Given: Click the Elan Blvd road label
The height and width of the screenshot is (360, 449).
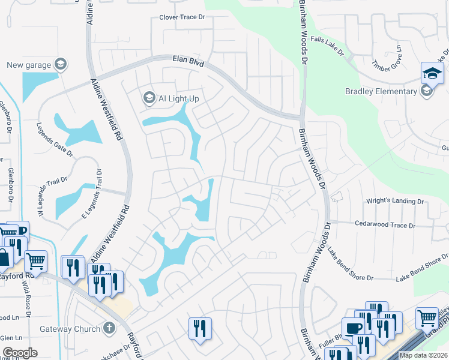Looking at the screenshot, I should point(188,62).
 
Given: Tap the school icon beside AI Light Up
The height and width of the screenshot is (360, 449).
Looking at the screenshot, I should point(148,97).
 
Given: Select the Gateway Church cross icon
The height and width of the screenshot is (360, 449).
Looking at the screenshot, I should point(108,328).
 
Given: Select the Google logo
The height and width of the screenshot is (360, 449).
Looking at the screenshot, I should point(20,353).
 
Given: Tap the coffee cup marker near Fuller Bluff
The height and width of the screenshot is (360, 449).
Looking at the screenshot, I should point(352,328).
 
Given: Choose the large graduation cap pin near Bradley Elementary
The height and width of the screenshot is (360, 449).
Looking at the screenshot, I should point(432,74).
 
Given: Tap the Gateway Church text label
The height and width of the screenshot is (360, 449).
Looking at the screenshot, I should point(68,329).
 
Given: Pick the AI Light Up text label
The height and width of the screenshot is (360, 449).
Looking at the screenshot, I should point(178,98).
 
